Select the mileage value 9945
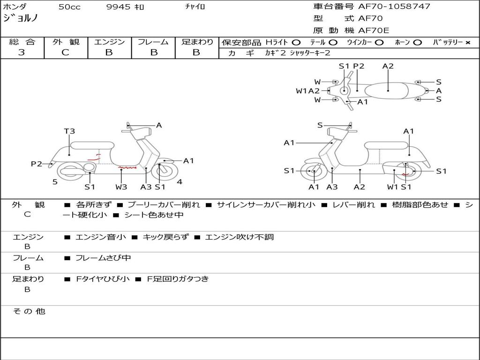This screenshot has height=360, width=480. click(118, 7)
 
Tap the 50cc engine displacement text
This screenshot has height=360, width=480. click(69, 7)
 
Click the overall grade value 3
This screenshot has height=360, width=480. click(22, 52)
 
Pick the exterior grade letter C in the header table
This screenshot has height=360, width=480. click(65, 52)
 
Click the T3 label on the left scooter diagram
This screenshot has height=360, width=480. click(69, 131)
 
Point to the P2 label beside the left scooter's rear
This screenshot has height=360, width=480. click(37, 164)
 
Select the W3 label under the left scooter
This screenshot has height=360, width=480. click(121, 187)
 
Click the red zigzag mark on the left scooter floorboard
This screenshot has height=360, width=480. click(127, 167)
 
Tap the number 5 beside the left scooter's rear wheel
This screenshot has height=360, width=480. click(55, 181)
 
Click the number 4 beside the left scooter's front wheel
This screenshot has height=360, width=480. click(180, 181)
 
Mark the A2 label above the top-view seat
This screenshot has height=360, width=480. click(388, 66)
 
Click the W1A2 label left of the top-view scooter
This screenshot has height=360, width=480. click(307, 91)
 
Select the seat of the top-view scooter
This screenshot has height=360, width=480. click(388, 90)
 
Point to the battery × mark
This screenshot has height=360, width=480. click(467, 42)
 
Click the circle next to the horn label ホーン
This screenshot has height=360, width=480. click(418, 42)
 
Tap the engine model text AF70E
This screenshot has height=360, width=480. click(374, 30)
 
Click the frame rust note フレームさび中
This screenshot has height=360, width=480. click(103, 258)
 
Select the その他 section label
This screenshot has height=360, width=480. click(29, 311)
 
